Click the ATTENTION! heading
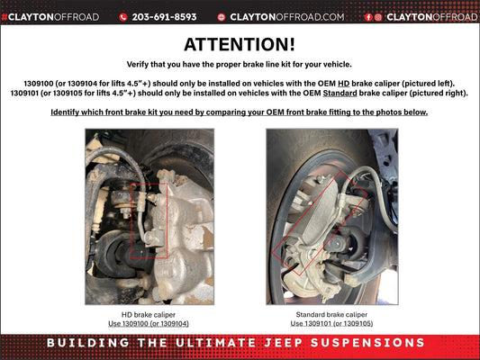pyautogui.click(x=240, y=45)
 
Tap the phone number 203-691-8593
pyautogui.click(x=164, y=17)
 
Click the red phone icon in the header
pyautogui.click(x=123, y=17)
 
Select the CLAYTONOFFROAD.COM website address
pyautogui.click(x=287, y=17)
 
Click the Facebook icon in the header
pyautogui.click(x=368, y=17)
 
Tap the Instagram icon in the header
pyautogui.click(x=378, y=17)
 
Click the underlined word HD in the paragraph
pyautogui.click(x=343, y=84)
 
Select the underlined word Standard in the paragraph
pyautogui.click(x=340, y=93)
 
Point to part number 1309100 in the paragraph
pyautogui.click(x=39, y=84)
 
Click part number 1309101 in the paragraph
pyautogui.click(x=25, y=93)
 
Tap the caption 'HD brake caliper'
pyautogui.click(x=149, y=314)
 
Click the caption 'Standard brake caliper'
pyautogui.click(x=331, y=314)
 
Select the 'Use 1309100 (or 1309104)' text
pyautogui.click(x=149, y=323)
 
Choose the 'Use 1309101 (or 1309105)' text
pyautogui.click(x=331, y=323)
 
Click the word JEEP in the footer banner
pyautogui.click(x=284, y=343)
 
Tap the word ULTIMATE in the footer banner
pyautogui.click(x=216, y=343)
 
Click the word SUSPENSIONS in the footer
pyautogui.click(x=367, y=343)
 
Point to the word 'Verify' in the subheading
pyautogui.click(x=137, y=65)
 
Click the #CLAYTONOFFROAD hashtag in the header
pyautogui.click(x=50, y=17)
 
